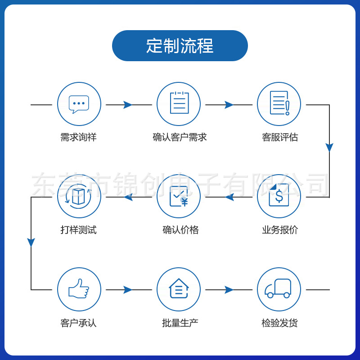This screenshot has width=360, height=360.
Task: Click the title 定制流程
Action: pyautogui.click(x=180, y=46)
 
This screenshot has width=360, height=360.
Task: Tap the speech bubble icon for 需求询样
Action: pyautogui.click(x=79, y=104)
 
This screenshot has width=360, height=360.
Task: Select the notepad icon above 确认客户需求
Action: pyautogui.click(x=179, y=103)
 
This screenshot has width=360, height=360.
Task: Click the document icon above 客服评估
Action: pyautogui.click(x=279, y=103)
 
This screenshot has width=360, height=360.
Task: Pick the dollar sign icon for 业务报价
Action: pyautogui.click(x=279, y=196)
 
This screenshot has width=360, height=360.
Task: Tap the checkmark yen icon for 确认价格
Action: pyautogui.click(x=179, y=196)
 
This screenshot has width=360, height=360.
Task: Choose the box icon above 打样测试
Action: pyautogui.click(x=79, y=196)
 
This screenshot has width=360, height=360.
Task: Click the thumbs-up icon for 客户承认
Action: pyautogui.click(x=79, y=289)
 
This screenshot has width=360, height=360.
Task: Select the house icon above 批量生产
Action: pyautogui.click(x=179, y=289)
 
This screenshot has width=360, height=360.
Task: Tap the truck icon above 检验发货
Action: pyautogui.click(x=279, y=289)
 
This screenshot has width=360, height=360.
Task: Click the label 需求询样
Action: pyautogui.click(x=78, y=137)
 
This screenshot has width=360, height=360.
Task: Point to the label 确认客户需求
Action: pyautogui.click(x=180, y=137)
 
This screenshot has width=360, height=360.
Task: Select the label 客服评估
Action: pyautogui.click(x=279, y=137)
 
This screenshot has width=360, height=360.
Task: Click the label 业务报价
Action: pyautogui.click(x=279, y=230)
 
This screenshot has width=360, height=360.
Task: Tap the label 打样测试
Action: pyautogui.click(x=78, y=230)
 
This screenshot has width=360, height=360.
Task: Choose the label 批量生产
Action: pyautogui.click(x=180, y=323)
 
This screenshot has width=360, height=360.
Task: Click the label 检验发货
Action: pyautogui.click(x=279, y=323)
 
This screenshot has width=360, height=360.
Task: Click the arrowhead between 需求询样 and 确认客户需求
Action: pyautogui.click(x=128, y=105)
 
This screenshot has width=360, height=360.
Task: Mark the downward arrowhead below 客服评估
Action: pyautogui.click(x=329, y=148)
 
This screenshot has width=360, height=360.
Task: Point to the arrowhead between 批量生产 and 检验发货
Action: pyautogui.click(x=229, y=290)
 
